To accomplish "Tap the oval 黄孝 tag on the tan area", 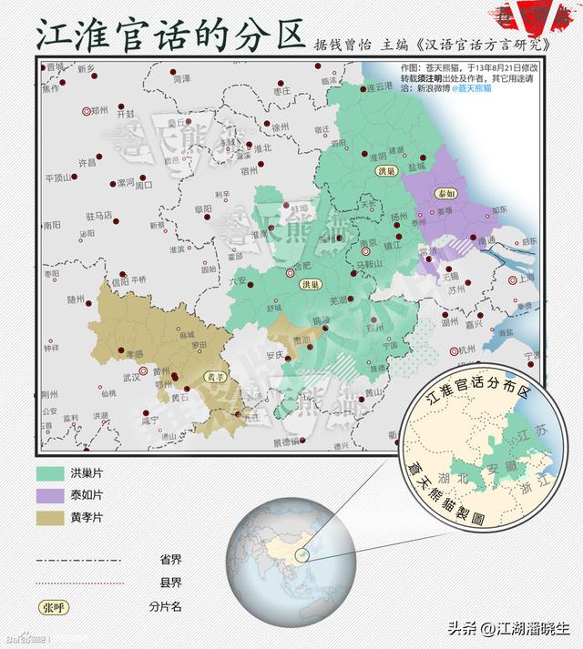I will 213,376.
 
